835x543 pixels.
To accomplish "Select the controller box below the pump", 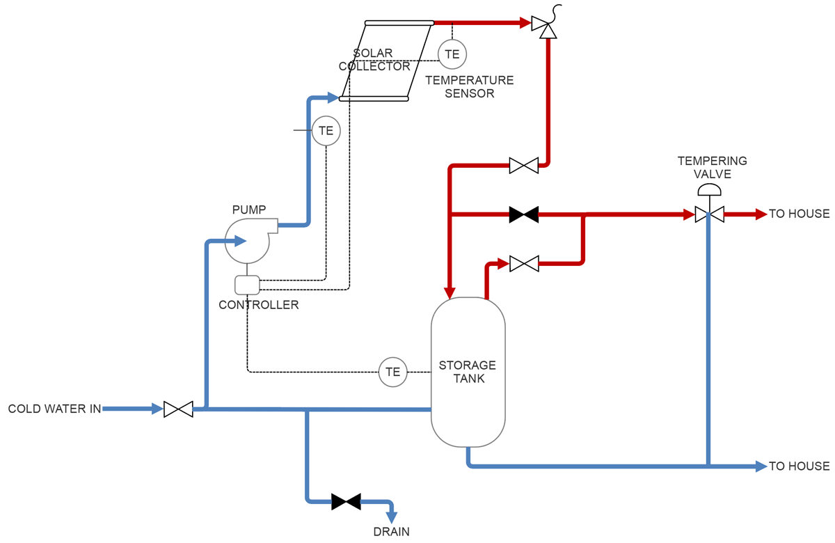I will (x=247, y=285).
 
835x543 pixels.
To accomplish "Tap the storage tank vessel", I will (x=468, y=372).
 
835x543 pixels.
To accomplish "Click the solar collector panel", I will (x=386, y=61).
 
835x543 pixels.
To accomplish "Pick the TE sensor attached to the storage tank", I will (x=393, y=372).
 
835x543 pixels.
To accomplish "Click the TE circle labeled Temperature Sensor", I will (x=452, y=54).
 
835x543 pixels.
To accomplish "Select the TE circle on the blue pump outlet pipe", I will (x=326, y=130).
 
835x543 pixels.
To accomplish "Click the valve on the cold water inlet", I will (x=178, y=409).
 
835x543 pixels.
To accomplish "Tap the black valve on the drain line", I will (x=346, y=501).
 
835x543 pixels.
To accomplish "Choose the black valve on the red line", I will (x=523, y=214).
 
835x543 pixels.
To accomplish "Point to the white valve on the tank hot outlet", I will (x=524, y=264).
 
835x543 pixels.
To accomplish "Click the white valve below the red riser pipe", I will (x=523, y=166).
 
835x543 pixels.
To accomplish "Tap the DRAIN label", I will (x=392, y=532).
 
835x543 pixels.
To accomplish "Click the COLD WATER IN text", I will (x=54, y=409).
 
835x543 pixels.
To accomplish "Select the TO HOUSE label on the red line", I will (x=799, y=214).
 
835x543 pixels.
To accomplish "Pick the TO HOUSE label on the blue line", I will (x=799, y=466).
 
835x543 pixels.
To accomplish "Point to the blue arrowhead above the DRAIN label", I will (x=392, y=517).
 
